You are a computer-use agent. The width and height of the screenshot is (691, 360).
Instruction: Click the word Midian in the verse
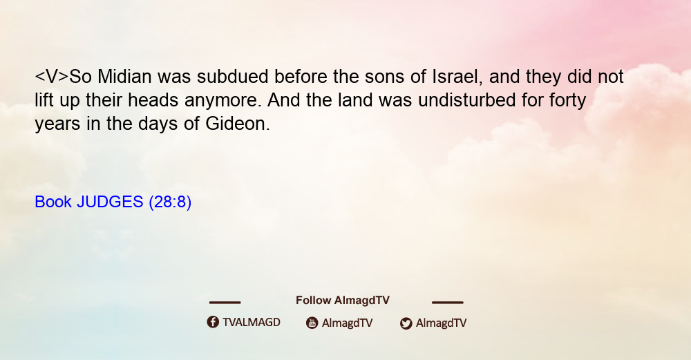click(124, 77)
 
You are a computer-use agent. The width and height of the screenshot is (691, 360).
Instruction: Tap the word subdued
click(232, 77)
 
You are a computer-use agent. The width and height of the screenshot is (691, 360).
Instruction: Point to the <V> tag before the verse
click(52, 77)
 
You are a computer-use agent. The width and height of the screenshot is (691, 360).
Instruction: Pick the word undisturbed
click(466, 100)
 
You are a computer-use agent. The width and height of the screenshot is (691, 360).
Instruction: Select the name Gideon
click(237, 124)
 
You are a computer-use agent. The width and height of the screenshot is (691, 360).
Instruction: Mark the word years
click(57, 124)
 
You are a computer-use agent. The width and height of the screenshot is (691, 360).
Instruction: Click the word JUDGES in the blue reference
click(110, 202)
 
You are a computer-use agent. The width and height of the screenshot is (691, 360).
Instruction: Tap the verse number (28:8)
click(170, 202)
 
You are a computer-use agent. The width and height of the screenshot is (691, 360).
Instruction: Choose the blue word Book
click(53, 202)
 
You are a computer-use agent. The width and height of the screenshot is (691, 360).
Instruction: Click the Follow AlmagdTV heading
click(343, 301)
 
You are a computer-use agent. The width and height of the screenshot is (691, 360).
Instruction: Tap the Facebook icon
click(213, 322)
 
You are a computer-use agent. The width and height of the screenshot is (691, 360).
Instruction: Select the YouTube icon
click(312, 323)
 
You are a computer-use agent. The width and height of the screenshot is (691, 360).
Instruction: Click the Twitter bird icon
click(406, 323)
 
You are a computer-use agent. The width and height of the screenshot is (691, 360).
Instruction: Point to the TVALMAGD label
click(252, 323)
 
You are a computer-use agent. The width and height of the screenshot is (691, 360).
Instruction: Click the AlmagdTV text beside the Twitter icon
click(441, 323)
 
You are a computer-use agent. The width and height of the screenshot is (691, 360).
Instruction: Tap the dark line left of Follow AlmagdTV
click(225, 303)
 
